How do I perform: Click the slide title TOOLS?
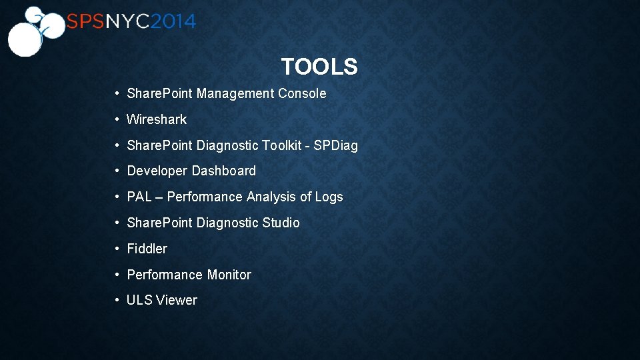pyautogui.click(x=319, y=67)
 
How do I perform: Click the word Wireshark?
pyautogui.click(x=157, y=120)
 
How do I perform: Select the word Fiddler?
pyautogui.click(x=147, y=249)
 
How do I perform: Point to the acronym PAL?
pyautogui.click(x=139, y=197)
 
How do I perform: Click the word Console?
pyautogui.click(x=302, y=94)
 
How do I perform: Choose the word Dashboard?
pyautogui.click(x=225, y=171)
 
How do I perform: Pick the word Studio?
pyautogui.click(x=281, y=223)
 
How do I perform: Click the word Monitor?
pyautogui.click(x=229, y=275)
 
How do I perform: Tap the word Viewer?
pyautogui.click(x=177, y=301)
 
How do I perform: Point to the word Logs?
pyautogui.click(x=329, y=197)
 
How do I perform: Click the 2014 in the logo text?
pyautogui.click(x=173, y=22)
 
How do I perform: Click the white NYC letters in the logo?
pyautogui.click(x=127, y=22)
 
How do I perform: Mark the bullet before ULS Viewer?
pyautogui.click(x=117, y=301)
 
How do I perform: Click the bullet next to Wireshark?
pyautogui.click(x=117, y=120)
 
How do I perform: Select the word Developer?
pyautogui.click(x=157, y=171)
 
